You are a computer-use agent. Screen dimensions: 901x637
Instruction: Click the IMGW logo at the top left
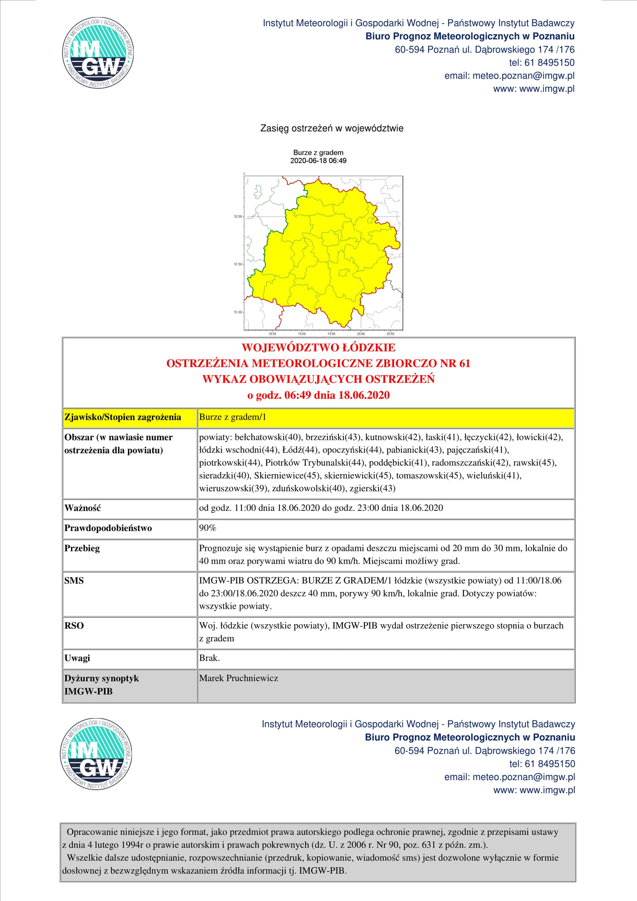[x=98, y=53]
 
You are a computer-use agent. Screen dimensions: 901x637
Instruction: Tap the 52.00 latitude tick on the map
[x=238, y=217]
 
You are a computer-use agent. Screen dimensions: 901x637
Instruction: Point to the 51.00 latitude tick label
[x=238, y=312]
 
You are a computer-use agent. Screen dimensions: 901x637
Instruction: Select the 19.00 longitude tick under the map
[x=302, y=334]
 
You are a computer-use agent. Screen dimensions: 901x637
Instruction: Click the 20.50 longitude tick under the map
[x=390, y=334]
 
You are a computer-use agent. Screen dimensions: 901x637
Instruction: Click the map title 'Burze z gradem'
[x=318, y=153]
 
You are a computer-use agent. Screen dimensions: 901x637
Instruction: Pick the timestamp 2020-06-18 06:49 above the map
[x=318, y=161]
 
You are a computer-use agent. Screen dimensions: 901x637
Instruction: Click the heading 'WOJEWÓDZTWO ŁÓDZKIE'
[x=318, y=348]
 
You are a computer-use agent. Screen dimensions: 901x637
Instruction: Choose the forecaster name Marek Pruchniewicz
[x=238, y=678]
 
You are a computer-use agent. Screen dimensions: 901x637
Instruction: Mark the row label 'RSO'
[x=74, y=625]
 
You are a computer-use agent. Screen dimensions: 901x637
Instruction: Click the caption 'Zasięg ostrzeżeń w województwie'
[x=332, y=128]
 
